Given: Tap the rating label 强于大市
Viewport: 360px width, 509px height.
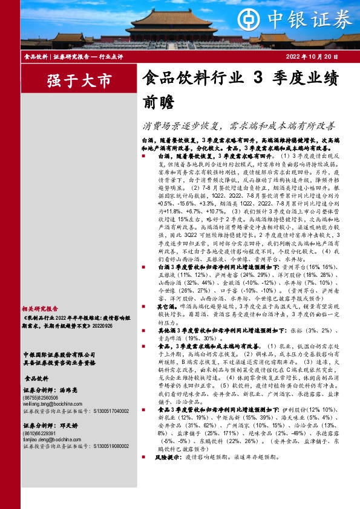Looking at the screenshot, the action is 71,80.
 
